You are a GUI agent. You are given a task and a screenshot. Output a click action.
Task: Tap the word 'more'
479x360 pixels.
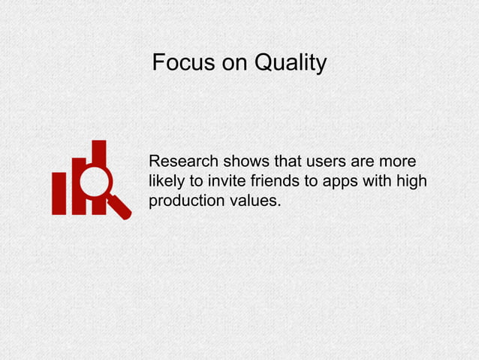[x=399, y=162]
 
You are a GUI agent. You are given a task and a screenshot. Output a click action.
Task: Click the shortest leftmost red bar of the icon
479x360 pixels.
[x=59, y=193]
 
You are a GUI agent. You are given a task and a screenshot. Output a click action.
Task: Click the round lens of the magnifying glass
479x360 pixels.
[x=95, y=182]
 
